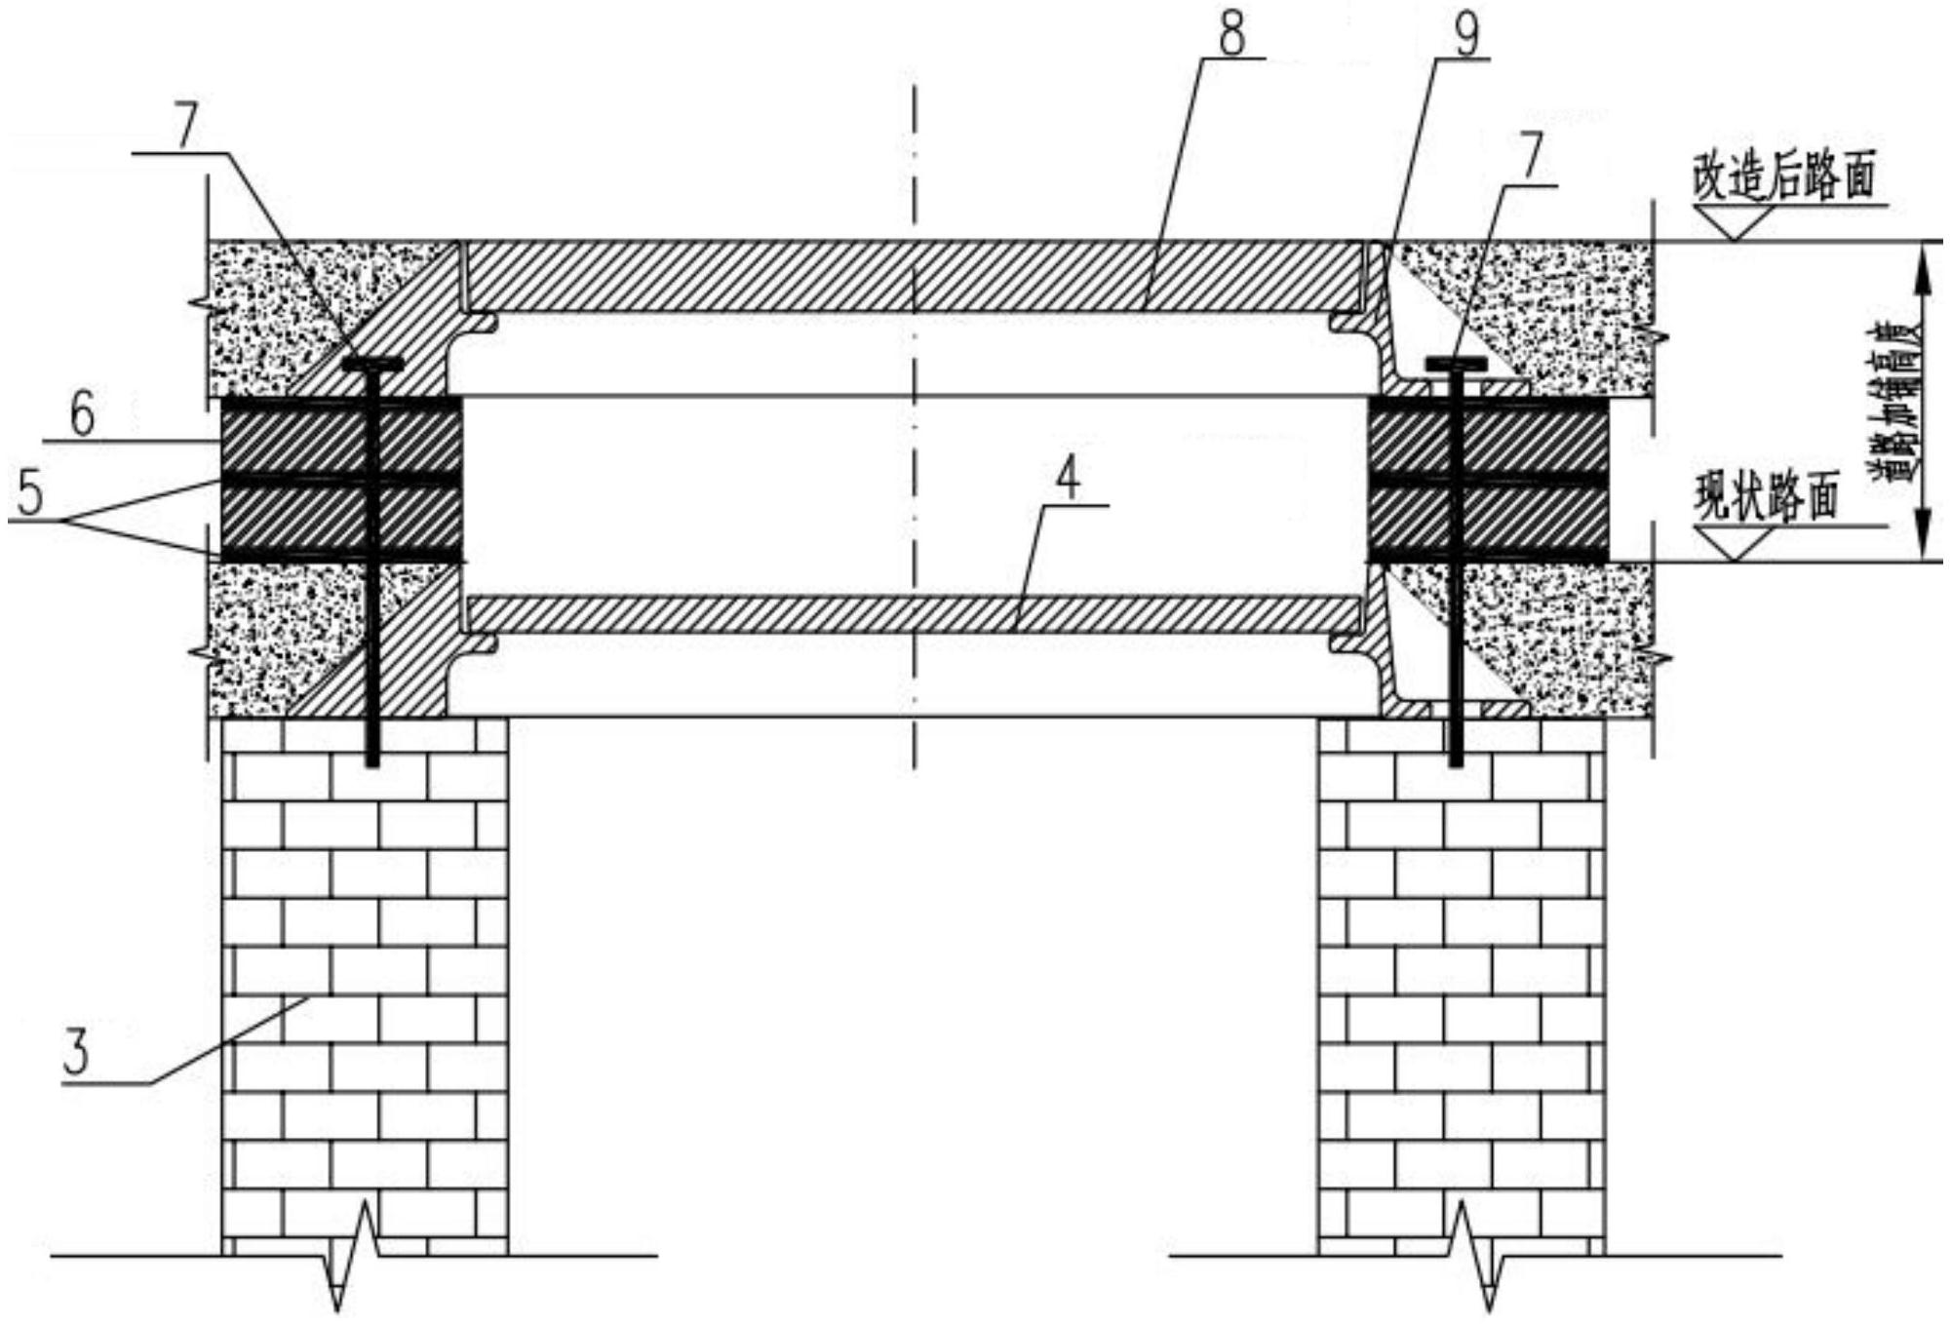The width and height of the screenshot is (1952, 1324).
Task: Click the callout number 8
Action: tap(1232, 35)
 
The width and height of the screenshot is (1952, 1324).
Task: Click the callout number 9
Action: tap(1465, 35)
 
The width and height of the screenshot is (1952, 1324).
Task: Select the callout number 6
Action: tap(82, 415)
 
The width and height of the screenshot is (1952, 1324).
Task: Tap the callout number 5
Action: tap(30, 494)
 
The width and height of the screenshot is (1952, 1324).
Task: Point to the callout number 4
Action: tap(1070, 480)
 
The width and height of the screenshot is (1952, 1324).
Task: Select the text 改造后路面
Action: tap(1783, 177)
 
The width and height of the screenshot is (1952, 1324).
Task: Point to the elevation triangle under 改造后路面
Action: tap(1734, 223)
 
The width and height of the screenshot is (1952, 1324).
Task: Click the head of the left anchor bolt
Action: tap(373, 363)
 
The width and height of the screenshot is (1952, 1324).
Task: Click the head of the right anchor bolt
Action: tap(1456, 364)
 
